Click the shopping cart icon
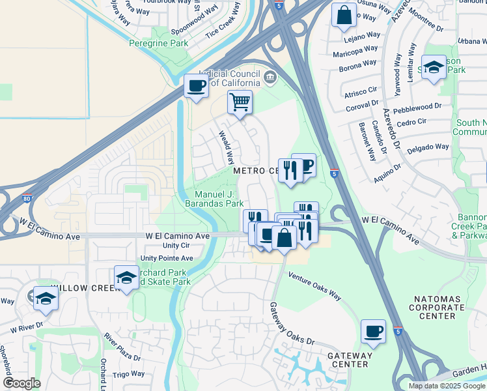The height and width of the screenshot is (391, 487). (240, 102)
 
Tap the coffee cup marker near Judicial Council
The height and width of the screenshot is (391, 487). (195, 85)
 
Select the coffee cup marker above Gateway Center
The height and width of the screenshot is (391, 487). (373, 331)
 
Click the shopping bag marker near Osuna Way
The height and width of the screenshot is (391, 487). (344, 14)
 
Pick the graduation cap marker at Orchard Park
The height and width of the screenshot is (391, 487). (126, 277)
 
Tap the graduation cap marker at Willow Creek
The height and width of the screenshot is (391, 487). (46, 298)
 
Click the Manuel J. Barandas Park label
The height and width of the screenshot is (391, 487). (219, 199)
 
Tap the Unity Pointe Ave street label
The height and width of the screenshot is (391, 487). (167, 258)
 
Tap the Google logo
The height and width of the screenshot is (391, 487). (21, 383)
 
